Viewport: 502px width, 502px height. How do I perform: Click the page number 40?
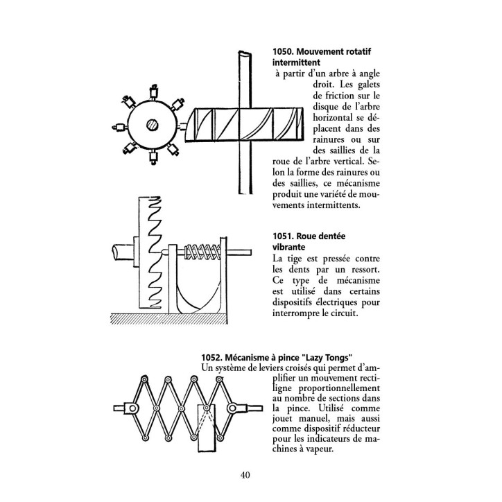245,475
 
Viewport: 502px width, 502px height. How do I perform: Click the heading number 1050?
282,51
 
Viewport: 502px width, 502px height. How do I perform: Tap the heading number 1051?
283,236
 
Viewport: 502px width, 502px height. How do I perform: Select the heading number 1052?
211,357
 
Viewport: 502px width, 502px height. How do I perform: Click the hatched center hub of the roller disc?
152,125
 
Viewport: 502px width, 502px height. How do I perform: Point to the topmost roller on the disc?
154,92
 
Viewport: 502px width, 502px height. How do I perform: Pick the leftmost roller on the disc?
119,128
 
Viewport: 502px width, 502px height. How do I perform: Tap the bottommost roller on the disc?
154,157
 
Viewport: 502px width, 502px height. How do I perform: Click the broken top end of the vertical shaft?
245,53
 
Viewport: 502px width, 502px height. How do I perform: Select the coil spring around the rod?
202,252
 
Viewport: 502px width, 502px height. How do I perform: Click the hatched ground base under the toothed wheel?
168,318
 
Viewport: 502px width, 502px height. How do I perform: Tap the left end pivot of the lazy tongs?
132,408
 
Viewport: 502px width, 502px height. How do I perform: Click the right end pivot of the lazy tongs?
232,408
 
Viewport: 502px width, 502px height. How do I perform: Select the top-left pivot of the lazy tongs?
144,379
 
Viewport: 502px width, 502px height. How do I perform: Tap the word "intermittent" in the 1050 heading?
296,62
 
